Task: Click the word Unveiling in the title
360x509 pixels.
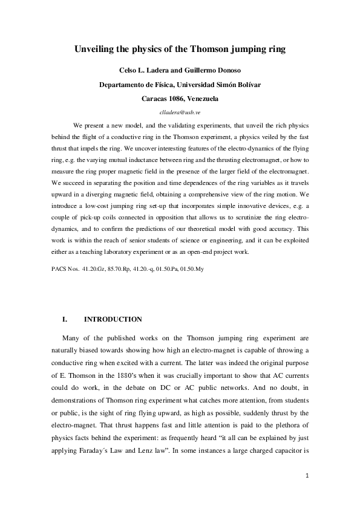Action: tap(98, 48)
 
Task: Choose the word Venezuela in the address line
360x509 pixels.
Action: tap(203, 98)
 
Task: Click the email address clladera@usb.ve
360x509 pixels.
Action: tap(180, 112)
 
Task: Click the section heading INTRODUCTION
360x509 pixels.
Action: tap(113, 319)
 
